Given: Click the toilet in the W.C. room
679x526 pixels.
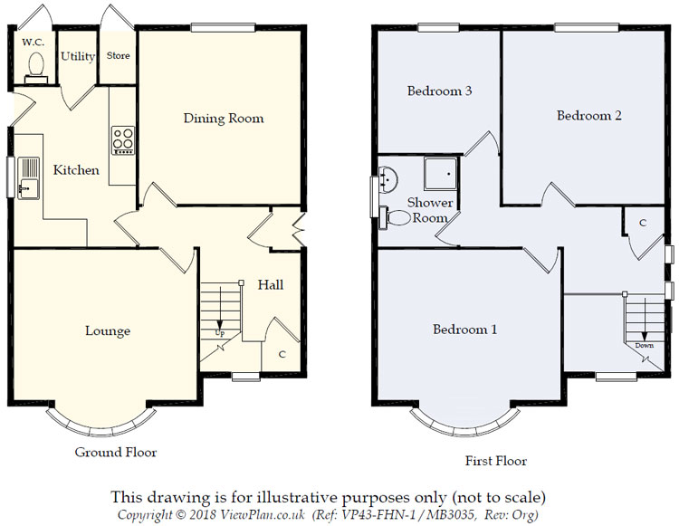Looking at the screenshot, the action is pyautogui.click(x=36, y=68).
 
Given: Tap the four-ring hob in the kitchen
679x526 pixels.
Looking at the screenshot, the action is pyautogui.click(x=123, y=139).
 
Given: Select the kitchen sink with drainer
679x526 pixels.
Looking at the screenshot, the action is pyautogui.click(x=29, y=178).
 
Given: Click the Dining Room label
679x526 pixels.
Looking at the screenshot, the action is pyautogui.click(x=224, y=119).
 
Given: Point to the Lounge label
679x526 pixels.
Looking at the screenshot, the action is pyautogui.click(x=108, y=330).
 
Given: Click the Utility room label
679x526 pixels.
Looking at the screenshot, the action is pyautogui.click(x=78, y=56).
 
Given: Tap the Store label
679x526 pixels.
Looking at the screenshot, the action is pyautogui.click(x=119, y=56).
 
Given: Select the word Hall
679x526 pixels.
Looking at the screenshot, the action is pyautogui.click(x=271, y=284).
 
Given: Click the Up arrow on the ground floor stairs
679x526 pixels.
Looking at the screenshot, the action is pyautogui.click(x=220, y=309).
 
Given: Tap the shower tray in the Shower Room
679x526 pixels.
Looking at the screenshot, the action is pyautogui.click(x=441, y=174).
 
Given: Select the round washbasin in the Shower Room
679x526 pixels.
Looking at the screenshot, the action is pyautogui.click(x=388, y=178).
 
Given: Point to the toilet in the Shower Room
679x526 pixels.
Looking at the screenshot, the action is pyautogui.click(x=395, y=218).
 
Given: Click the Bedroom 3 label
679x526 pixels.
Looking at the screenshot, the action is pyautogui.click(x=439, y=91).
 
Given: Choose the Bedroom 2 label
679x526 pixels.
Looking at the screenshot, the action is pyautogui.click(x=589, y=116).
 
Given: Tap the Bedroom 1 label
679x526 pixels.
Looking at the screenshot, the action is pyautogui.click(x=465, y=330).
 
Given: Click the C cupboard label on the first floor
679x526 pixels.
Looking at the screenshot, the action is pyautogui.click(x=643, y=223).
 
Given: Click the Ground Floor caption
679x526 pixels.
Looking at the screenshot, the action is pyautogui.click(x=116, y=453).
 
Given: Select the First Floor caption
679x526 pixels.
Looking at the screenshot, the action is pyautogui.click(x=496, y=461).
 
